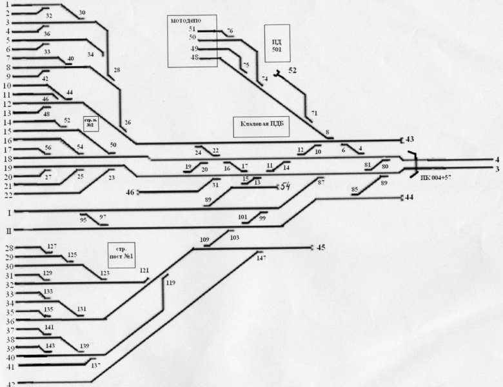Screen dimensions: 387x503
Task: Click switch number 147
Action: tap(261, 258)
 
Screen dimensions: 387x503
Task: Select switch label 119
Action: tap(170, 283)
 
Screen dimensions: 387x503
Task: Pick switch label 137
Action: tap(96, 366)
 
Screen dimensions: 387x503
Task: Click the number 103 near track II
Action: tap(234, 238)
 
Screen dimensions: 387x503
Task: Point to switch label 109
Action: tap(204, 240)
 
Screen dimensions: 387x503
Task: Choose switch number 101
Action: tap(242, 217)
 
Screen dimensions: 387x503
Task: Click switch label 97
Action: tap(103, 217)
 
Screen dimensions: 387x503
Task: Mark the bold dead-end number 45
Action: tap(321, 247)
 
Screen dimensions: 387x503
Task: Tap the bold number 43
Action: tap(409, 139)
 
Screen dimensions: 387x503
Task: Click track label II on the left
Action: tap(9, 230)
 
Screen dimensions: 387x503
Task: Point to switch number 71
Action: tap(314, 114)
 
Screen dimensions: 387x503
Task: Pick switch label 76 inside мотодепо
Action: tap(230, 31)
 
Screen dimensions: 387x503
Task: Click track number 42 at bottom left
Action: tap(9, 384)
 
